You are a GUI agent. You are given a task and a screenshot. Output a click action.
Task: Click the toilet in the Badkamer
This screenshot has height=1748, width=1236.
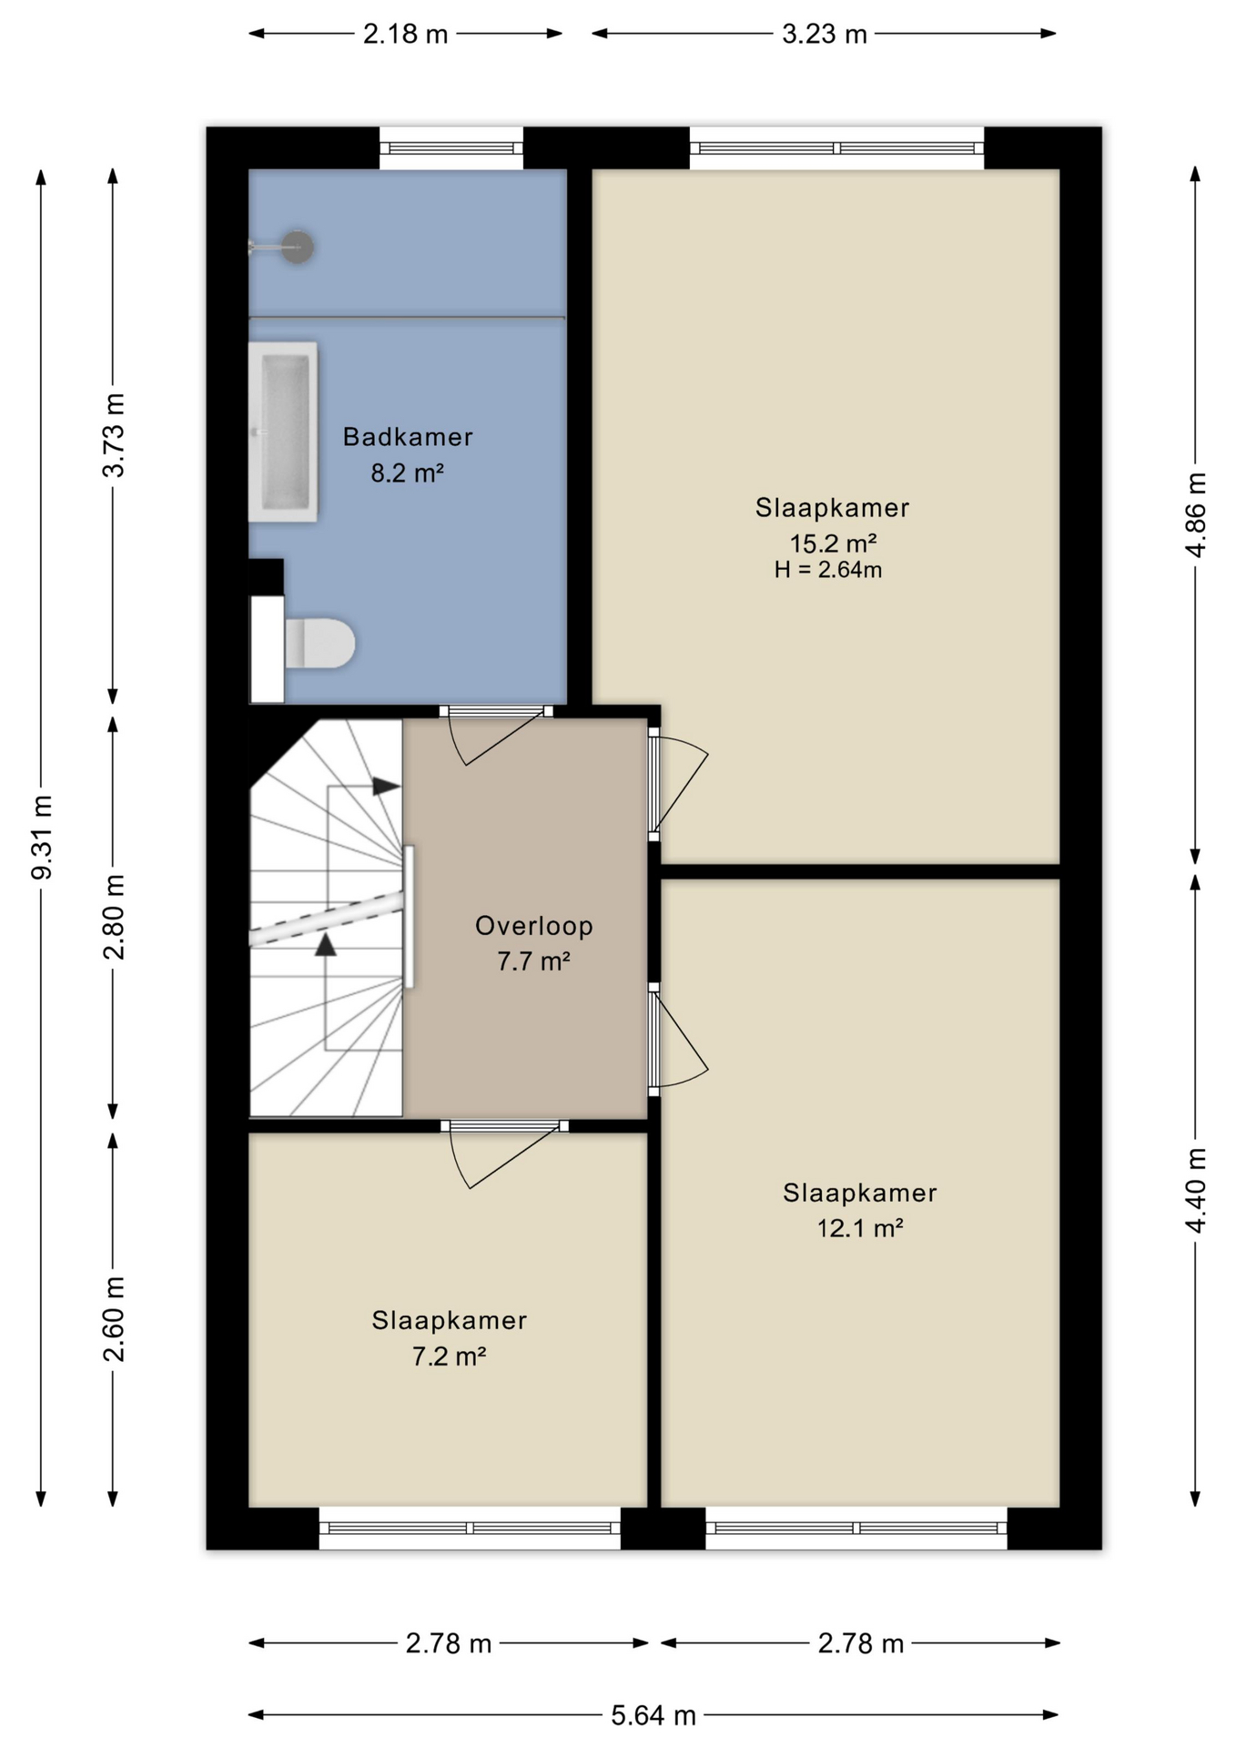pos(319,643)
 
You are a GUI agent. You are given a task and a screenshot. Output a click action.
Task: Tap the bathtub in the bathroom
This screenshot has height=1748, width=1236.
pos(283,432)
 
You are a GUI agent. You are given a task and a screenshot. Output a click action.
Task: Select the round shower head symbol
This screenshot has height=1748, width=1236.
pos(297,247)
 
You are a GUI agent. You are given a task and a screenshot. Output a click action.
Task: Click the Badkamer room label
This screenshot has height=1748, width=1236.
pos(408,437)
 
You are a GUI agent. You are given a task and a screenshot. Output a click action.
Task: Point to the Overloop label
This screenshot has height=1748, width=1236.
pos(534,926)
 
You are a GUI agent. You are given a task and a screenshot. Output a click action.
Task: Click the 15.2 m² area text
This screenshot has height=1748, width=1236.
pos(833,544)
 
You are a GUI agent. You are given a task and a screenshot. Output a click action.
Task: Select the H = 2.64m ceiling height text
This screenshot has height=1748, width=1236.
pos(828,570)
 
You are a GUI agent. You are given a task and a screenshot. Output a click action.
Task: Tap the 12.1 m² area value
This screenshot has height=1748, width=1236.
pos(860,1228)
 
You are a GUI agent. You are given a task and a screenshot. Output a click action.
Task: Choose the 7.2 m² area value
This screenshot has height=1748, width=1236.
pos(449,1357)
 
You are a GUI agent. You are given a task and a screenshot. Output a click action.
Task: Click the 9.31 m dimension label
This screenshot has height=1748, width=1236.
pos(42,837)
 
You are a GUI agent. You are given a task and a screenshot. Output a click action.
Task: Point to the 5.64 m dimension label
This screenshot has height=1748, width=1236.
pos(653,1716)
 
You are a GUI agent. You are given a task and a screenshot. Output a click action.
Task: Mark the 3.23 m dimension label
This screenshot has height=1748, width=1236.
pos(825,35)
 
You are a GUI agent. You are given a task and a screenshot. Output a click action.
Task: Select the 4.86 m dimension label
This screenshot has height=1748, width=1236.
pos(1196,515)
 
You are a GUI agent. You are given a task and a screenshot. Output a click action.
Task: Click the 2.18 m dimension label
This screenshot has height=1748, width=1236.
pos(406,35)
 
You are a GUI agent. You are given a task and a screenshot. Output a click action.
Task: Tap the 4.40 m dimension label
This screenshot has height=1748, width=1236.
pos(1196,1191)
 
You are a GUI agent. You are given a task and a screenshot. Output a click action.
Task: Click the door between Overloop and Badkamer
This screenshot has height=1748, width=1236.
pos(497,733)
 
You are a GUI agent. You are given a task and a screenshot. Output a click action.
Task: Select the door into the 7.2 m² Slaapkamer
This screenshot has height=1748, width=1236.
pos(504,1152)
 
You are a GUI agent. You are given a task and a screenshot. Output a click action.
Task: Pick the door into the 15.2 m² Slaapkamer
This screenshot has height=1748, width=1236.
pos(677,784)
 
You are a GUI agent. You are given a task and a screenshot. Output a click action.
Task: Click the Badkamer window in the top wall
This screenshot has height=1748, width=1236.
pos(451,148)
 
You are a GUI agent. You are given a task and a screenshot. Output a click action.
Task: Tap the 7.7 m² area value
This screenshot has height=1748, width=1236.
pos(533,961)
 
